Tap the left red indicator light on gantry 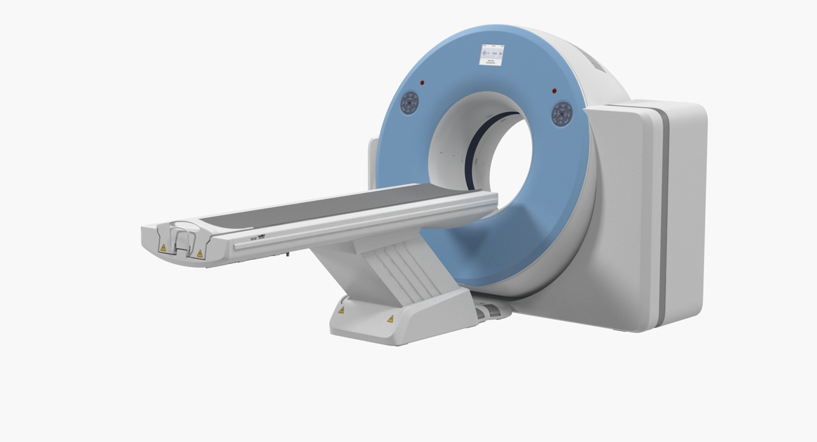[x=422, y=83]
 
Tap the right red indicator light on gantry [x=554, y=91]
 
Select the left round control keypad [x=410, y=103]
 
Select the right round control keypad [x=562, y=114]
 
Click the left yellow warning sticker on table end [x=163, y=247]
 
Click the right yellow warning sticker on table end [x=200, y=254]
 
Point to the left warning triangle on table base [x=341, y=310]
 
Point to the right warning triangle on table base [x=390, y=319]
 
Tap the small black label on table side [x=261, y=236]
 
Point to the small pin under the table [x=288, y=255]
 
